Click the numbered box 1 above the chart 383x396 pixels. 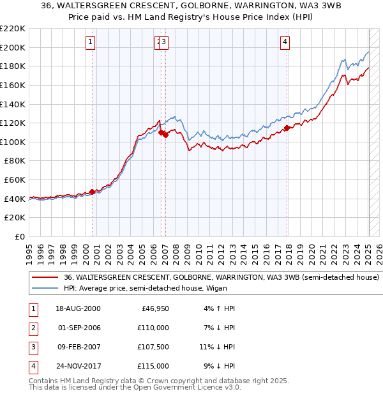click(x=90, y=43)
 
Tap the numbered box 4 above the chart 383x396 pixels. click(x=285, y=43)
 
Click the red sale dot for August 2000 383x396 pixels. click(x=92, y=191)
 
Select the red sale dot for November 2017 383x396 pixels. click(x=287, y=128)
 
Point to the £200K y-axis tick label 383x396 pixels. click(x=13, y=47)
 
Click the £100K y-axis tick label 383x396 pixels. click(x=13, y=142)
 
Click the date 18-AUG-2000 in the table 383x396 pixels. click(x=79, y=308)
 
